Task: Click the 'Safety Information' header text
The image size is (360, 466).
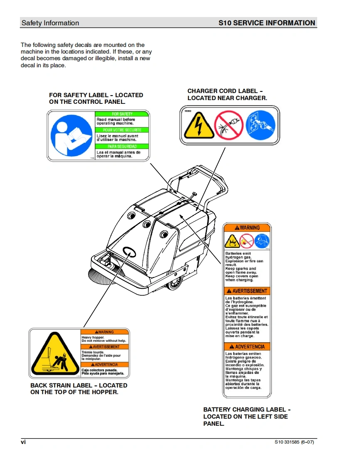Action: point(50,23)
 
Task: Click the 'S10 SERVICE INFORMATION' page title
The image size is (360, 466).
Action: point(266,23)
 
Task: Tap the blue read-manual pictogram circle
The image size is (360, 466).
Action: point(71,135)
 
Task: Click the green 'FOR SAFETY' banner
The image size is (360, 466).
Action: point(122,114)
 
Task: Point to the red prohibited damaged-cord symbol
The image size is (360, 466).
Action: point(228,125)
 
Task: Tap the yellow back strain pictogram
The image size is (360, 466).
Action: point(55,354)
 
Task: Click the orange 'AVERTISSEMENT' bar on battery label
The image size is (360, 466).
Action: point(247,291)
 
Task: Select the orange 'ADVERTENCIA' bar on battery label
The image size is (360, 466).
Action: point(247,346)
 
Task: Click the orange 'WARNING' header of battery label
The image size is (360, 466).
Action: point(247,228)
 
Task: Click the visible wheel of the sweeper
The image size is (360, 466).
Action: point(175,284)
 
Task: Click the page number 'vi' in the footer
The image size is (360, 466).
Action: point(23,442)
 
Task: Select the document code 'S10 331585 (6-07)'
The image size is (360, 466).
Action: point(294,442)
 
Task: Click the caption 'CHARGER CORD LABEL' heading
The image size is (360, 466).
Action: point(225,91)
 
